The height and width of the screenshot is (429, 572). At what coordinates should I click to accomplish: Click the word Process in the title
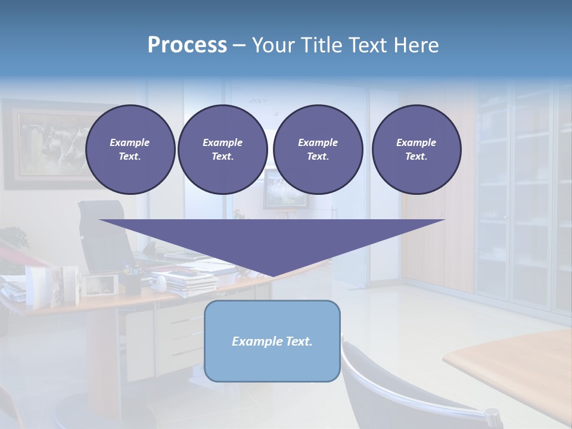(187, 45)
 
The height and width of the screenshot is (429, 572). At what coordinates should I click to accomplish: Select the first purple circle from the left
(130, 149)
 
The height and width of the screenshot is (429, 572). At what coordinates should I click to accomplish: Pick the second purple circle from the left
(222, 149)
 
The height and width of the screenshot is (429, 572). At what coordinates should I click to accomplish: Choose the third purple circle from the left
(318, 149)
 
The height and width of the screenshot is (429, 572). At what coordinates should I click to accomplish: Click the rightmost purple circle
(416, 149)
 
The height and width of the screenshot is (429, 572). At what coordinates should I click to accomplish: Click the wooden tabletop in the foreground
(518, 369)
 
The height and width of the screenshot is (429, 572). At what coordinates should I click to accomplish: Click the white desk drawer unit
(185, 334)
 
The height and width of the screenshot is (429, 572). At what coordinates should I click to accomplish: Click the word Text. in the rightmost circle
(416, 156)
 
